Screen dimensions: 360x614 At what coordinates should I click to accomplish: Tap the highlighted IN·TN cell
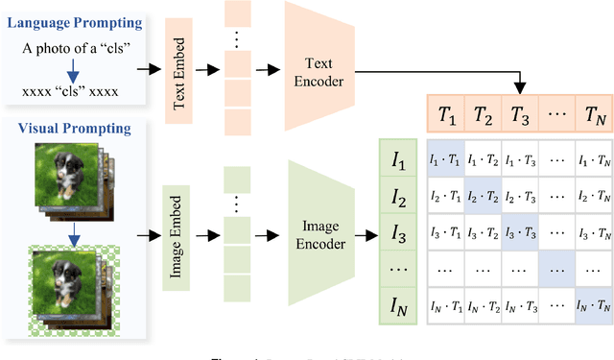592,306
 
